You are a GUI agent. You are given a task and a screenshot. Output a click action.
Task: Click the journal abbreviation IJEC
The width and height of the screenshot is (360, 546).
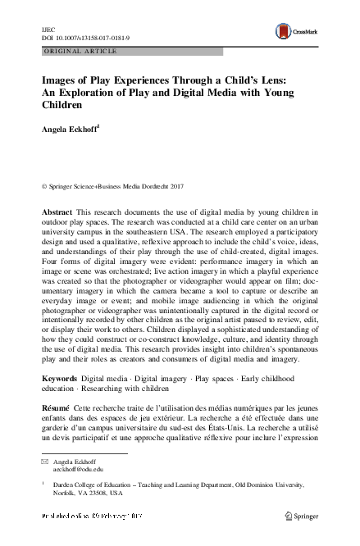coord(48,26)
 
